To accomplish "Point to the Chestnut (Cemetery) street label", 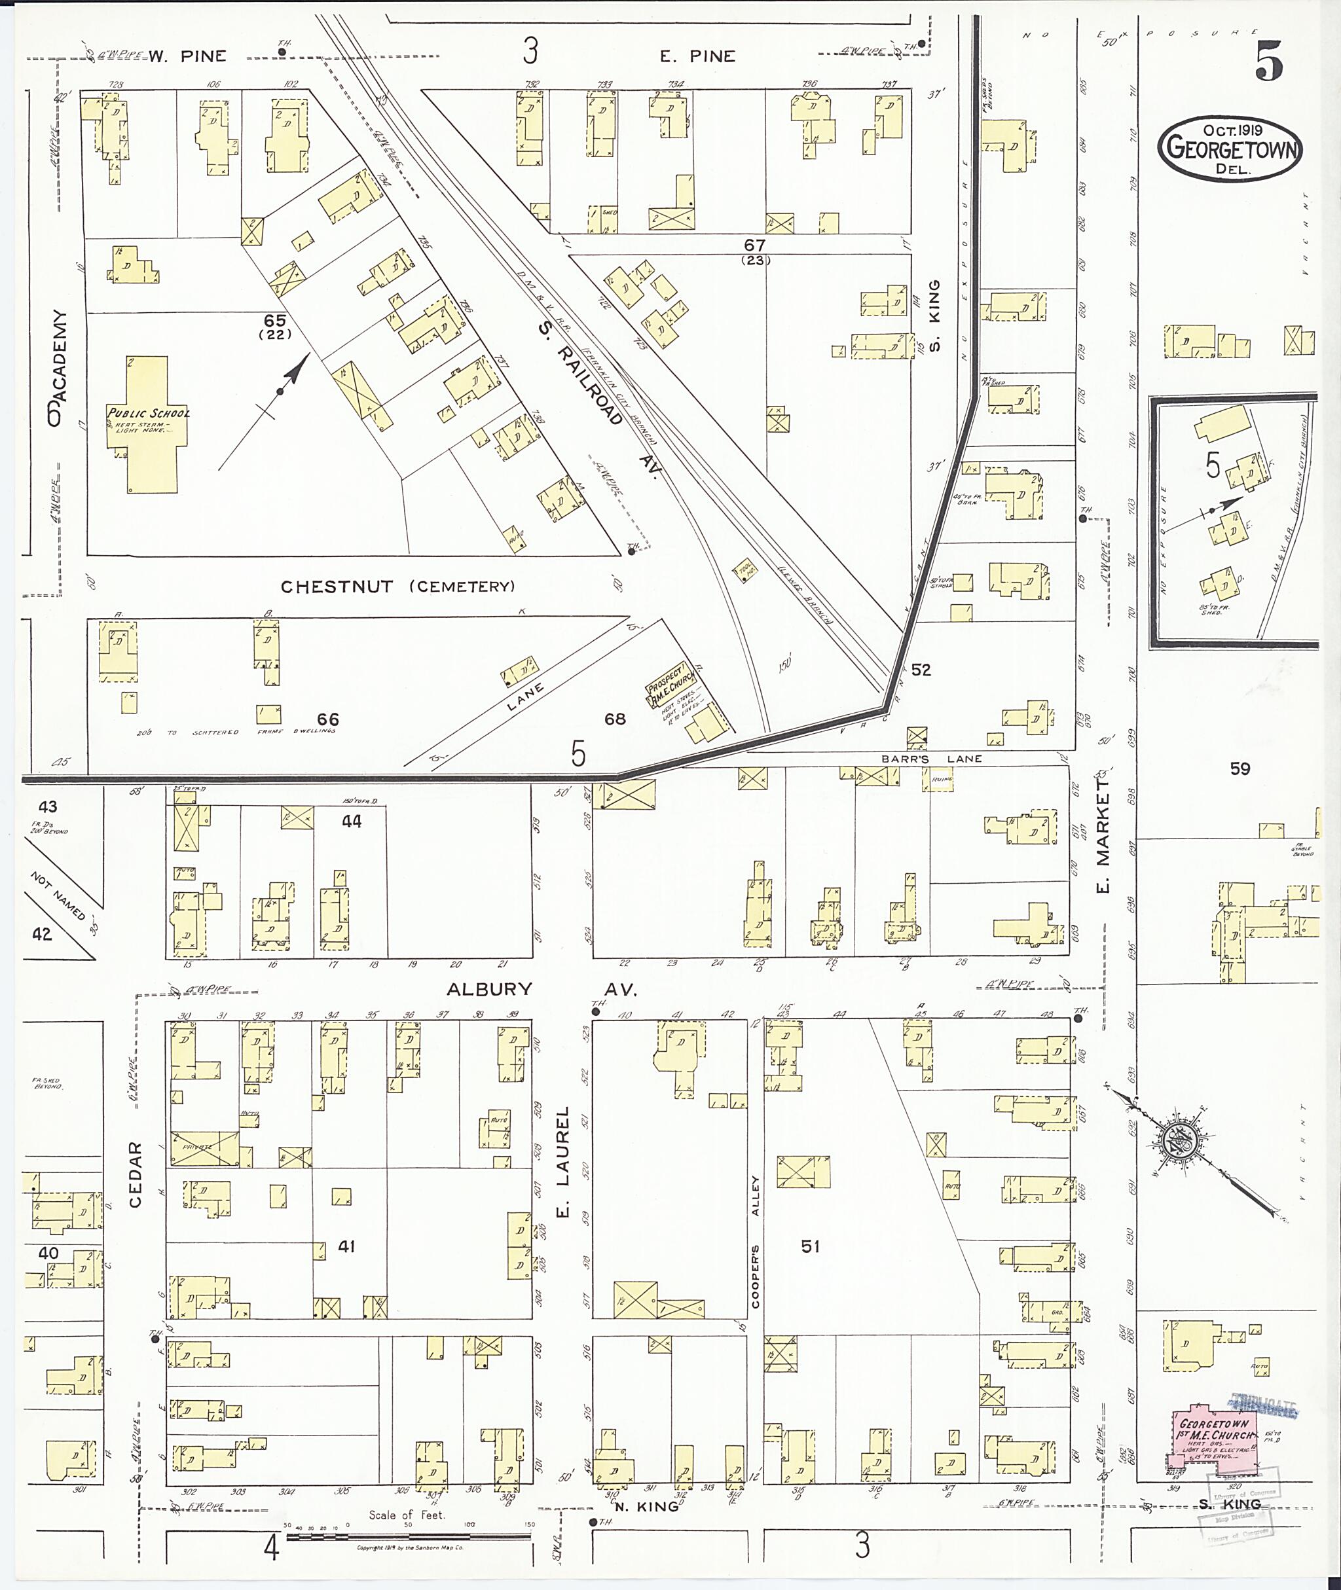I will pyautogui.click(x=397, y=586).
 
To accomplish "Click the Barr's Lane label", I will pyautogui.click(x=931, y=759).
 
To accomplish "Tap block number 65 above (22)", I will pyautogui.click(x=274, y=321).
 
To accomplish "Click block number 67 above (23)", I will pyautogui.click(x=754, y=245).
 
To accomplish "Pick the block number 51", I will pyautogui.click(x=811, y=1246).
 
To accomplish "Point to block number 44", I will pyautogui.click(x=351, y=821).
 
